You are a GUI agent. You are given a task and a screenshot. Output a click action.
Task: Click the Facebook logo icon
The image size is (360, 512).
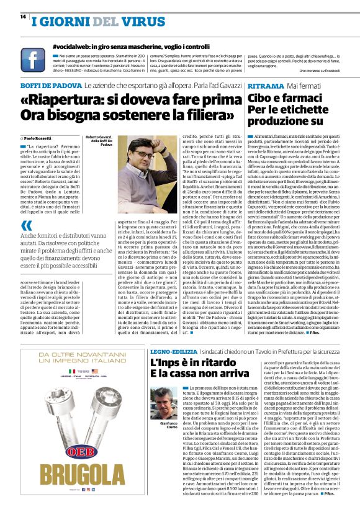32,60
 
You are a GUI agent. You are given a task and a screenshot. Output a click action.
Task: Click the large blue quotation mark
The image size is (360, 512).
27,226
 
